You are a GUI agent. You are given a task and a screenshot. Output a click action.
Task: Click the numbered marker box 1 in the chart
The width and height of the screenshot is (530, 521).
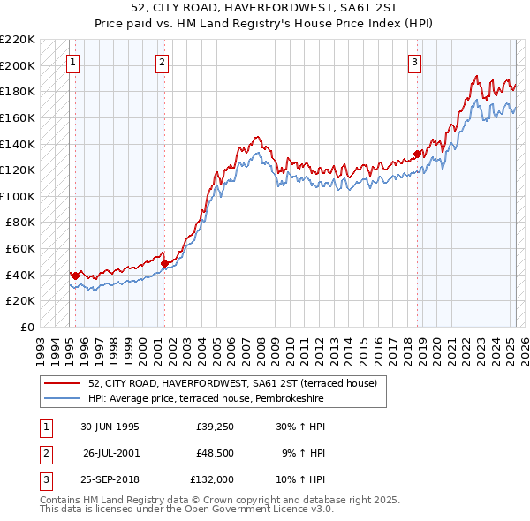72,62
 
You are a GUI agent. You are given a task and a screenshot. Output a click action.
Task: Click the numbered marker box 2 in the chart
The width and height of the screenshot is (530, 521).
163,62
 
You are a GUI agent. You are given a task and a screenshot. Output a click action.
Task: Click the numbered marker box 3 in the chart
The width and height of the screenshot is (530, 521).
414,62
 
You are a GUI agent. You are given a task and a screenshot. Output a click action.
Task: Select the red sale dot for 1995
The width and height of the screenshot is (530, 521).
75,276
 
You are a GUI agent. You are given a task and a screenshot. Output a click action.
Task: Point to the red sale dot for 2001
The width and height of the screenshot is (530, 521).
164,263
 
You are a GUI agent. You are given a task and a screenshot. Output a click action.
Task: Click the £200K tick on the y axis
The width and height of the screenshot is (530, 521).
18,65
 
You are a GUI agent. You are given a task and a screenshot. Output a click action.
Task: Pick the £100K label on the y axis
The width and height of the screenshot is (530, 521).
18,196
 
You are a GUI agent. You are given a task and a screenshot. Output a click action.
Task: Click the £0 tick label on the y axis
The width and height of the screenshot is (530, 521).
26,327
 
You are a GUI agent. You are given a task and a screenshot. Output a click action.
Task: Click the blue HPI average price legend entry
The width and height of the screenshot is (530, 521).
205,399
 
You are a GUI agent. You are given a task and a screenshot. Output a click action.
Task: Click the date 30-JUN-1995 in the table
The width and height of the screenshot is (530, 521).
110,426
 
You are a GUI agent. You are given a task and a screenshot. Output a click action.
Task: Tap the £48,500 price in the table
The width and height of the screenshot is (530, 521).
215,452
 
